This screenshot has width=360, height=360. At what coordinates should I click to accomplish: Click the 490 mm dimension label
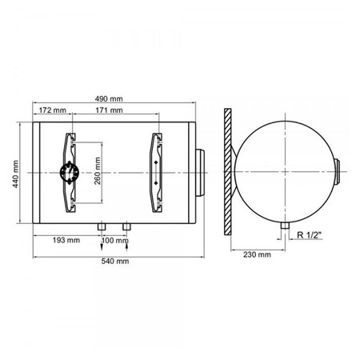109,99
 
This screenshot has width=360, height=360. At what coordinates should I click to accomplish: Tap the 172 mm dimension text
53,110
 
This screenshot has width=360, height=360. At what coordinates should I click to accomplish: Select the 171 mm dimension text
109,110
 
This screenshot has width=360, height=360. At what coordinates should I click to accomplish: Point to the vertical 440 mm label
16,174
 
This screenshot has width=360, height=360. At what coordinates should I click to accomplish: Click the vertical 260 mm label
98,171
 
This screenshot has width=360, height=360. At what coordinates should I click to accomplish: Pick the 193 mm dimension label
66,240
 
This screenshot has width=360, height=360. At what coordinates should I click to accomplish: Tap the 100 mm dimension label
115,241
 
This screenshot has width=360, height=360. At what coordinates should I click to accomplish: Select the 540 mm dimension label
115,261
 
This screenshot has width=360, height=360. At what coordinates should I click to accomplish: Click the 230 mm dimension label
257,254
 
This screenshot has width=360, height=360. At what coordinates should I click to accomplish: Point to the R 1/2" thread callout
310,235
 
